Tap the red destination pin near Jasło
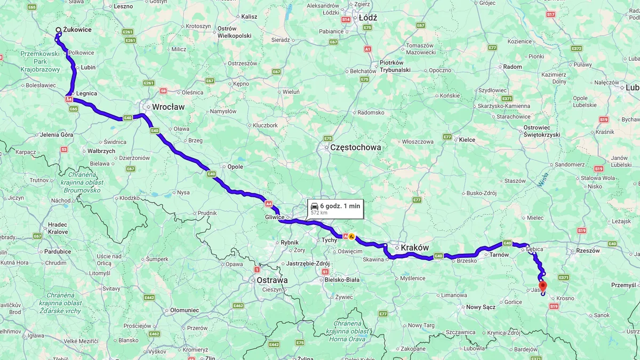[x=543, y=286]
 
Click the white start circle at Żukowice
[x=58, y=30]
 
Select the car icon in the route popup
[x=314, y=206]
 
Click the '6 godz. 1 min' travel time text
[x=340, y=206]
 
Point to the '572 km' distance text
[x=319, y=213]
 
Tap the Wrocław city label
[x=168, y=107]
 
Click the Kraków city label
[x=414, y=247]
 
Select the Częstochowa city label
[x=356, y=147]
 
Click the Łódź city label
[x=368, y=18]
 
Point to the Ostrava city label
[x=271, y=280]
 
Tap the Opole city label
[x=235, y=166]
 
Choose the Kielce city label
[x=467, y=140]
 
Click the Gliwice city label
[x=274, y=218]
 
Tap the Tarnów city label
[x=499, y=255]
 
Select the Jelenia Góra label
[x=57, y=135]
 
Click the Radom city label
[x=513, y=67]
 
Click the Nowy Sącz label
[x=481, y=307]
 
